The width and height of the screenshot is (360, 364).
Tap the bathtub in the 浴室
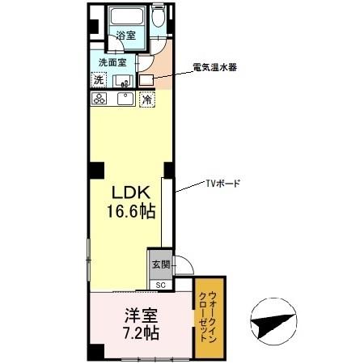coord(125,18)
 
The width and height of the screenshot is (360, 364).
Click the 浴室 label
coord(125,36)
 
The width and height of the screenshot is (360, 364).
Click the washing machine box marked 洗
coord(98,80)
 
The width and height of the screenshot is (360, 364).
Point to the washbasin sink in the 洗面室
coord(124,80)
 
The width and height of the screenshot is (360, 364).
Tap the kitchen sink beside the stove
coord(125,99)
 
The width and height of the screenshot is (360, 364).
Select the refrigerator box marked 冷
coord(147,99)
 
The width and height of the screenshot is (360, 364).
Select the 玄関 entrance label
coord(159,265)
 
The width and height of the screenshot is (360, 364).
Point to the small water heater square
coord(146,80)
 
